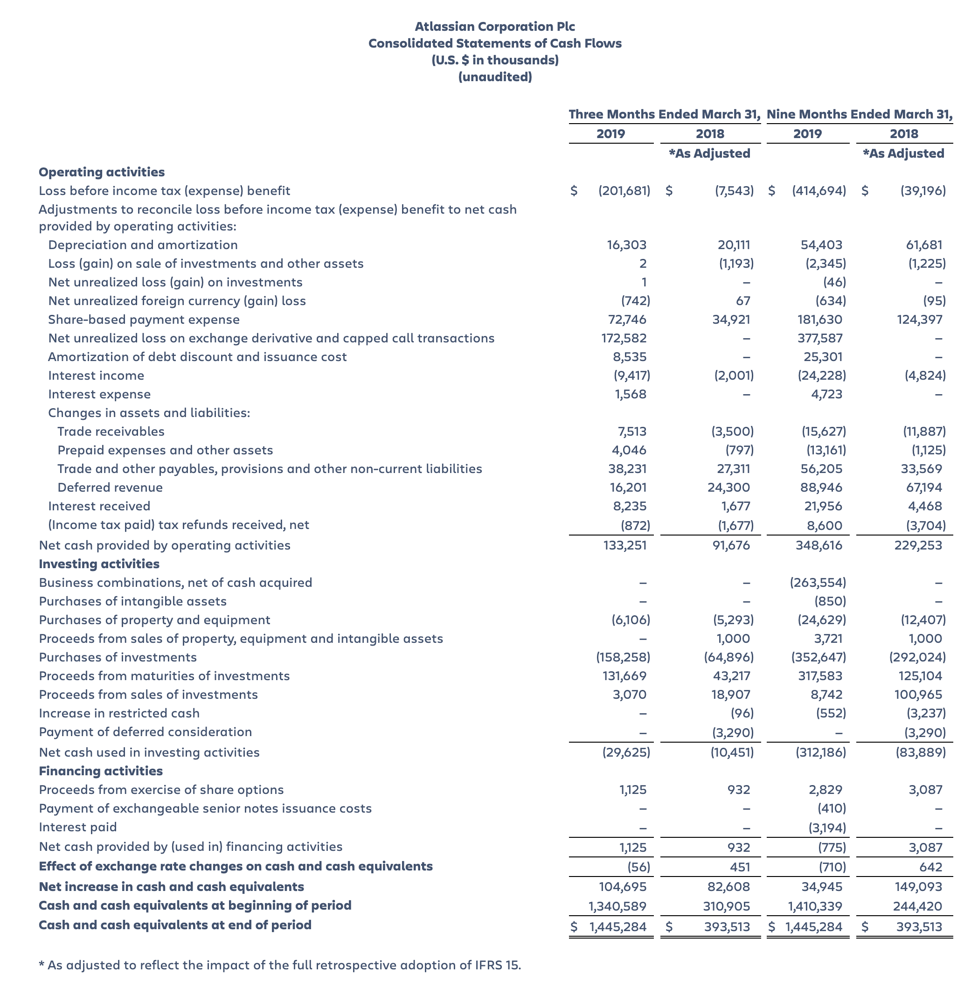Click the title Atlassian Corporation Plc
pyautogui.click(x=495, y=27)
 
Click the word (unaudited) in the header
pyautogui.click(x=495, y=77)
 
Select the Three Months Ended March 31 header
pyautogui.click(x=664, y=114)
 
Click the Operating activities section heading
pyautogui.click(x=102, y=172)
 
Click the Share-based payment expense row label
pyautogui.click(x=143, y=320)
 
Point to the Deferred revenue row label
pyautogui.click(x=110, y=487)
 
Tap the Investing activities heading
pyautogui.click(x=99, y=564)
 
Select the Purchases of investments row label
pyautogui.click(x=118, y=657)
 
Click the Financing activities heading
pyautogui.click(x=100, y=771)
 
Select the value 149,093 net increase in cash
pyautogui.click(x=918, y=887)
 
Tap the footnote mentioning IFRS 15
pyautogui.click(x=280, y=965)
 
